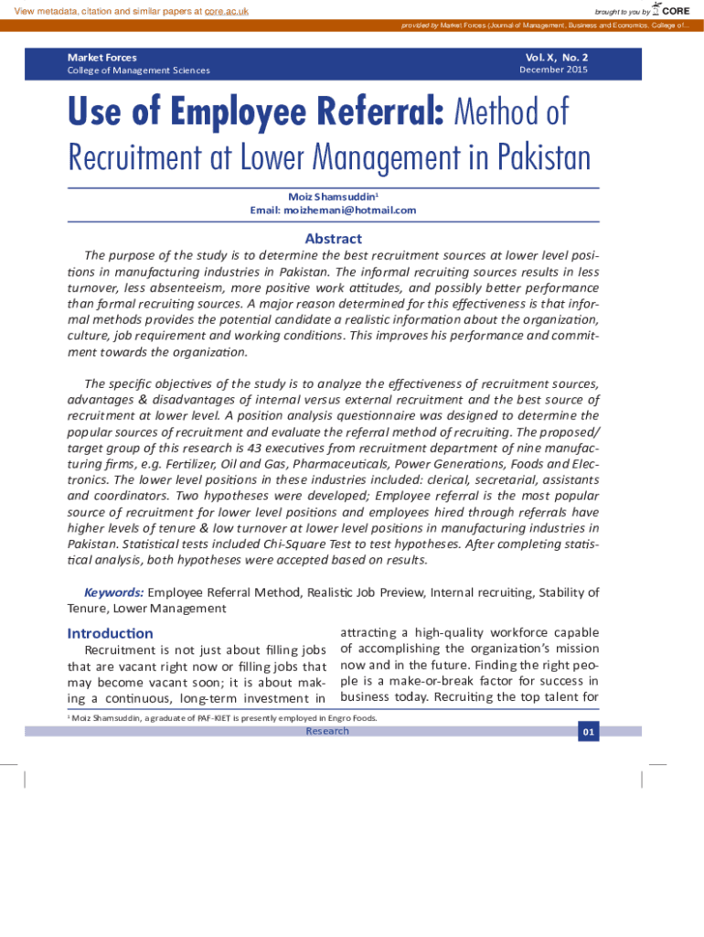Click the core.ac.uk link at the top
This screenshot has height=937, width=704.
point(226,11)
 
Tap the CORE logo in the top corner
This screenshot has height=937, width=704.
point(670,10)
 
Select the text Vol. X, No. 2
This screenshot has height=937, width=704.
point(557,57)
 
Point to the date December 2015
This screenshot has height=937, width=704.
point(553,70)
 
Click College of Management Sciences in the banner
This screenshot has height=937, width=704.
point(138,70)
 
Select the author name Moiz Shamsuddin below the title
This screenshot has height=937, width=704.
point(330,197)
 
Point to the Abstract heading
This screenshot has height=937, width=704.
point(333,239)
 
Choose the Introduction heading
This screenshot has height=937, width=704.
point(110,633)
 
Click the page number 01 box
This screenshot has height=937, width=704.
point(588,732)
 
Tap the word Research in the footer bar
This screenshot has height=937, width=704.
point(327,731)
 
